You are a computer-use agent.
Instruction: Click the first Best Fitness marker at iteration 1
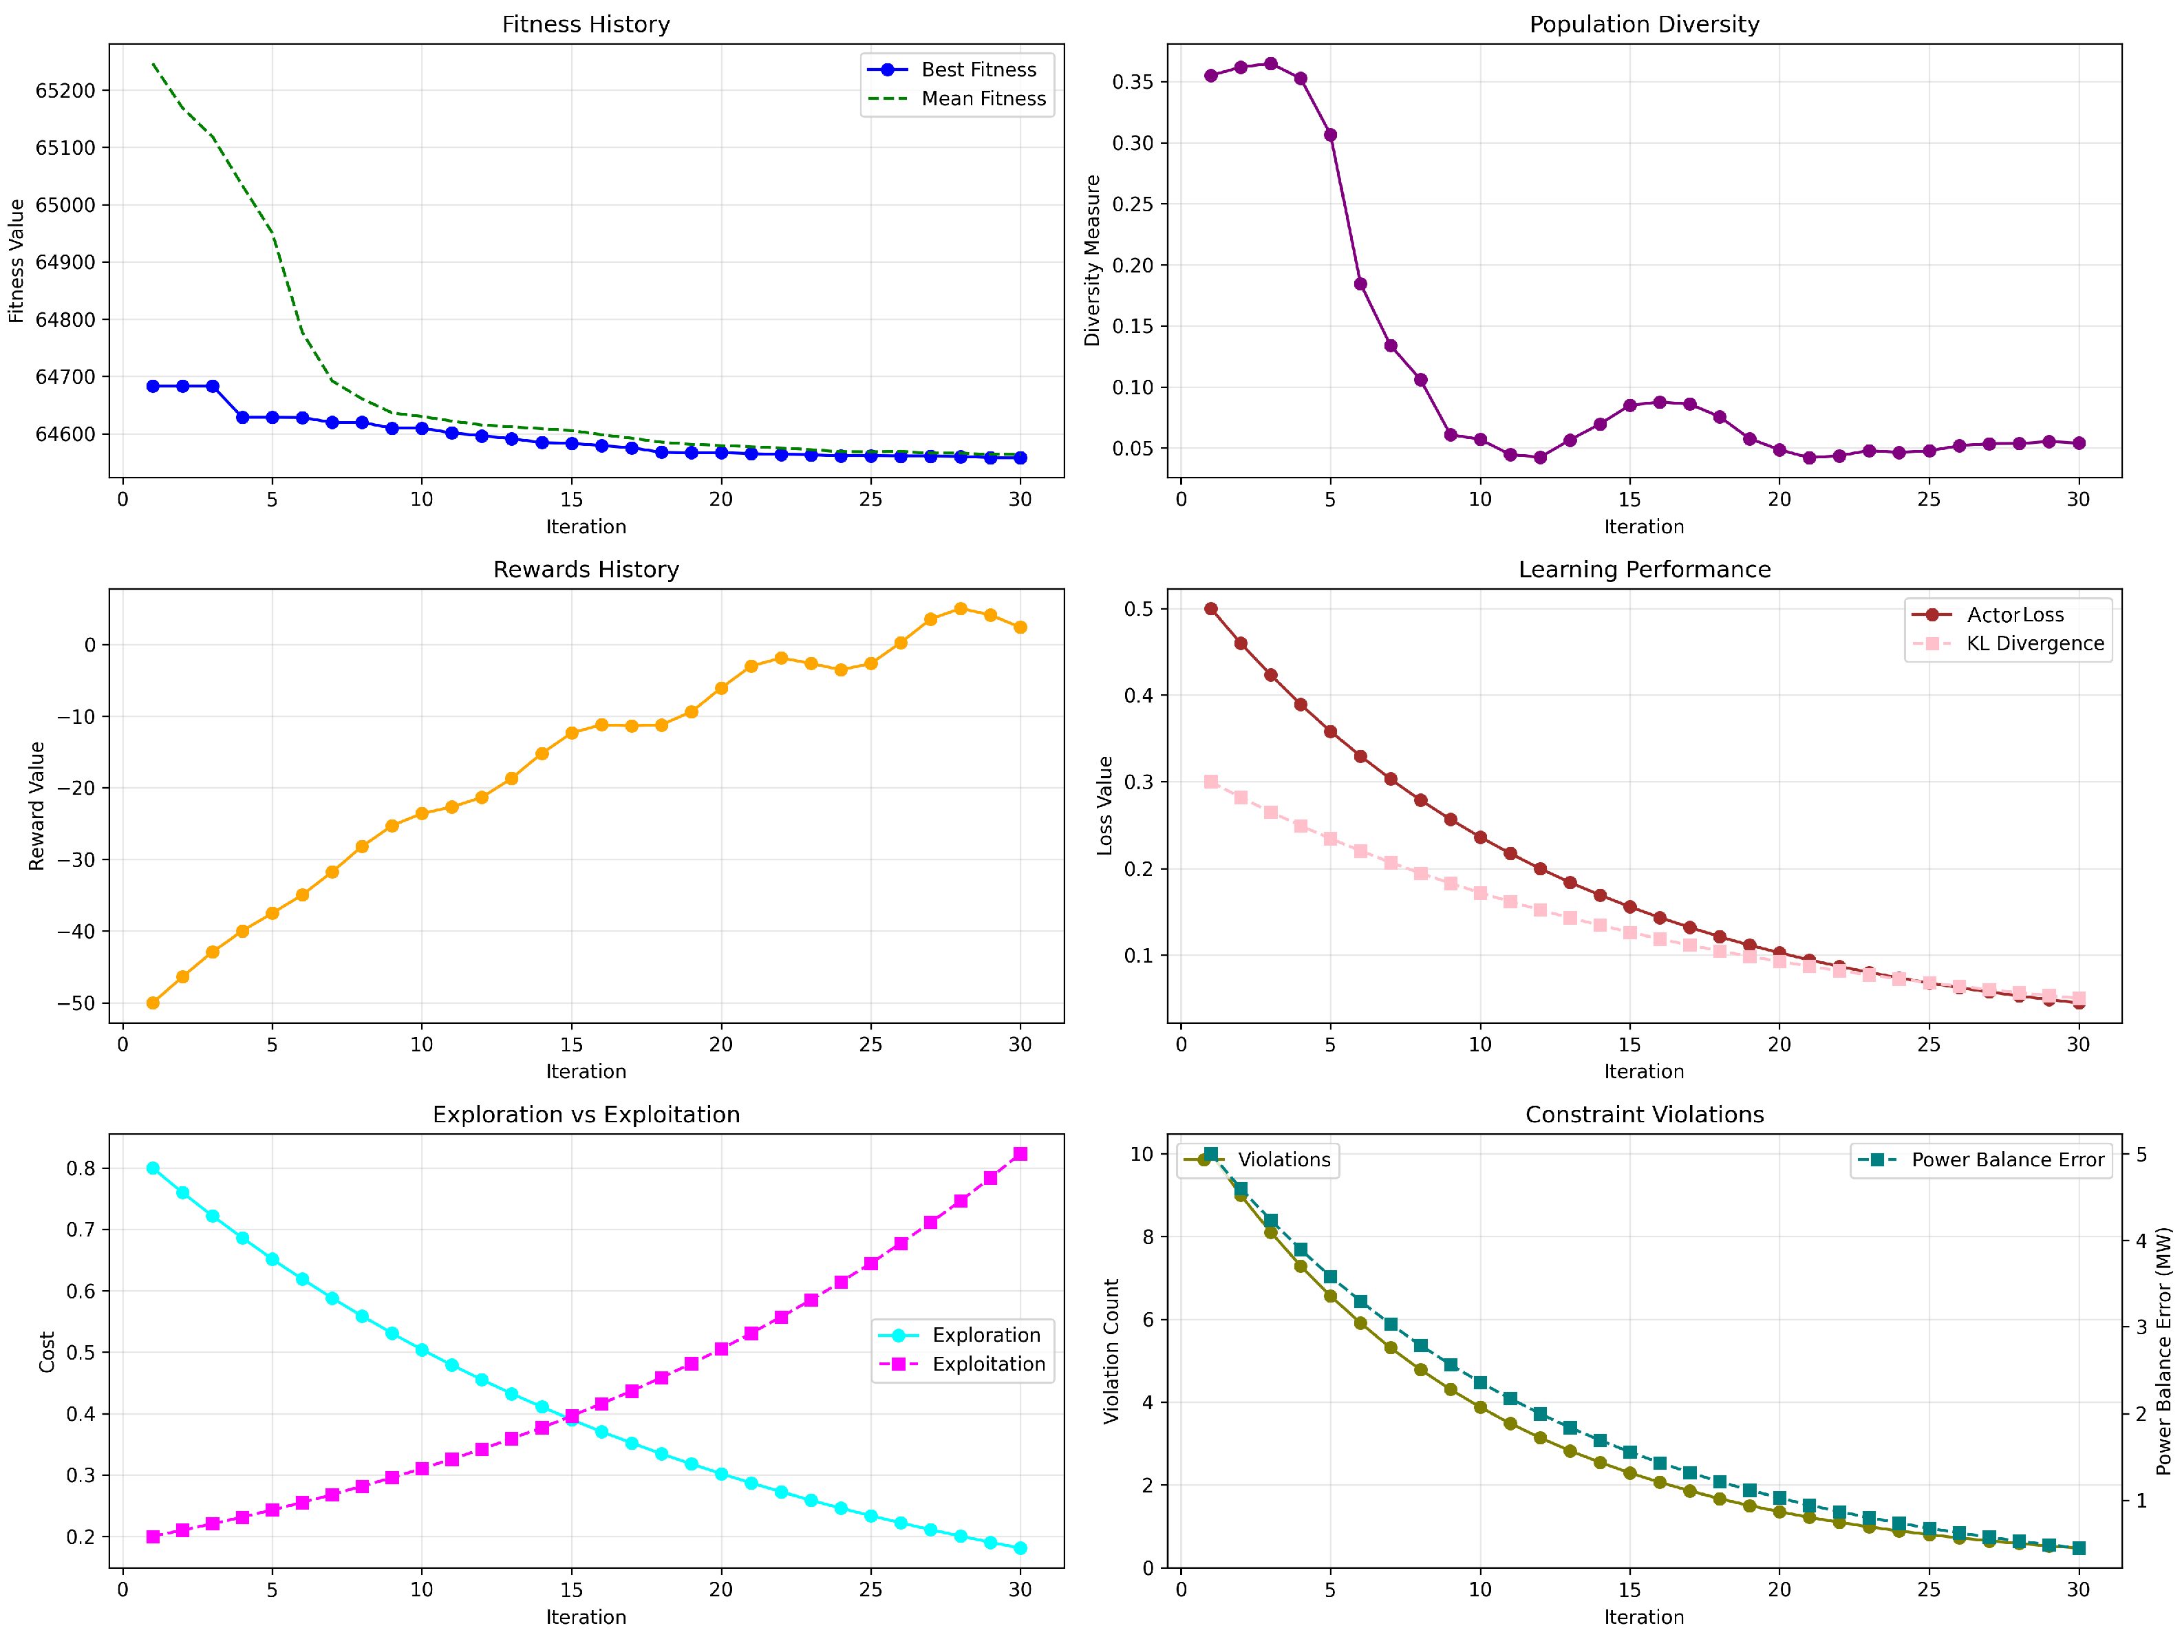[153, 387]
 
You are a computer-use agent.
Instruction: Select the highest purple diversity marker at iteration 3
[1270, 64]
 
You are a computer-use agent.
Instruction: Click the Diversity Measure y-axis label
[1092, 260]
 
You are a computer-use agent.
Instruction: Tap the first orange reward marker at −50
[153, 1003]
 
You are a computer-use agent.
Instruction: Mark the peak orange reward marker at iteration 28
[961, 610]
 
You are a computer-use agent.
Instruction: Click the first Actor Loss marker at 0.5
[1211, 610]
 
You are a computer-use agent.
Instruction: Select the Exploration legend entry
[985, 1336]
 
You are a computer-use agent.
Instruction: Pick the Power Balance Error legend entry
[2007, 1159]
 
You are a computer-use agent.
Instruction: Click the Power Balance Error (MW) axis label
[2163, 1351]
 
